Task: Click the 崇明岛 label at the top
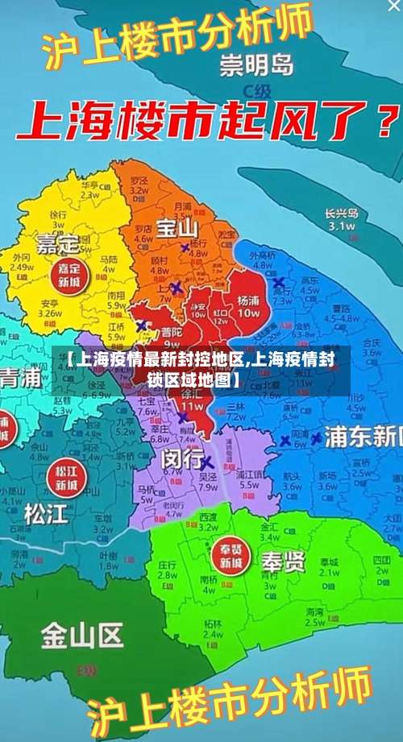tap(257, 63)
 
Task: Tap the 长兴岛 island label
tap(340, 213)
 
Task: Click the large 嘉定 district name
tap(56, 241)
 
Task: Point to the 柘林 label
tap(213, 625)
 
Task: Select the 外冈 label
tap(23, 258)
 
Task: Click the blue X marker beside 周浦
tap(285, 441)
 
